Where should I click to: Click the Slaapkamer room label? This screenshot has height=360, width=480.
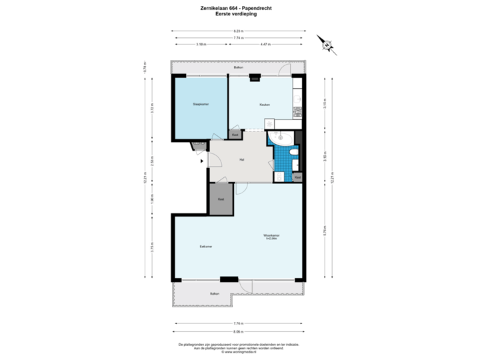click(201, 105)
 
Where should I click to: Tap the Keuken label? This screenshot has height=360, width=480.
click(264, 105)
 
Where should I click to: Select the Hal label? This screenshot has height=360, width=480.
click(242, 159)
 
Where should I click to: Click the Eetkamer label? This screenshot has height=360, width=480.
click(205, 247)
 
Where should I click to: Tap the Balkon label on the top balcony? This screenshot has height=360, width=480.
click(238, 68)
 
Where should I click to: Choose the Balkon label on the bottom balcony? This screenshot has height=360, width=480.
click(214, 293)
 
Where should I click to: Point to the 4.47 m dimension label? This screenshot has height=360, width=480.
click(265, 45)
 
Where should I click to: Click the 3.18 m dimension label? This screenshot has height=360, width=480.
click(200, 45)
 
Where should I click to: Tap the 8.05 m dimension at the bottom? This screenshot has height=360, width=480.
click(238, 331)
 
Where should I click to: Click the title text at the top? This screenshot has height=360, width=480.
click(238, 9)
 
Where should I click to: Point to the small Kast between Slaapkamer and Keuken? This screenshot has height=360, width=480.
click(235, 135)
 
